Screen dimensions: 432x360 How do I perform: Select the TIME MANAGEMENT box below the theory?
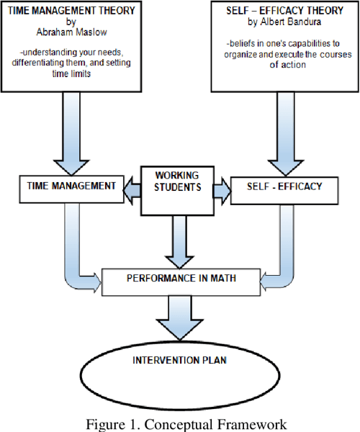tap(71, 186)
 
